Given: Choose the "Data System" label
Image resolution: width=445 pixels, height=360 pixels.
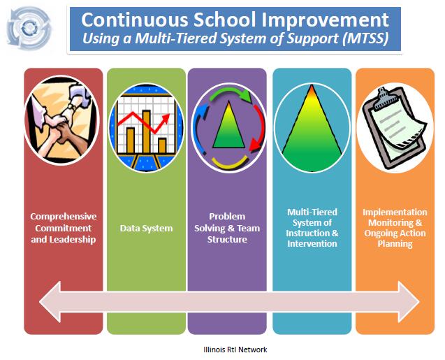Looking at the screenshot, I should pos(146,229).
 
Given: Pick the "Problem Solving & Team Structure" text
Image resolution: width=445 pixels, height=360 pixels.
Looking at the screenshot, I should pos(228,229).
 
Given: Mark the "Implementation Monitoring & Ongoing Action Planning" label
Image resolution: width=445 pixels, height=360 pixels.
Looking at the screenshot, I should pos(395,229).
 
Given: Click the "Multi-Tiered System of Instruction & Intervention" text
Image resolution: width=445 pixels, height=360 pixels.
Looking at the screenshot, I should pos(312,229).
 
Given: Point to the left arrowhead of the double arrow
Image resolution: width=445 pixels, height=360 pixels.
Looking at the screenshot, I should pos(50,301).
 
